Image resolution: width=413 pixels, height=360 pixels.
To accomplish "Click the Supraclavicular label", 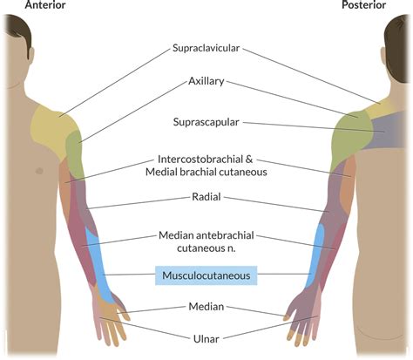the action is tap(206, 48).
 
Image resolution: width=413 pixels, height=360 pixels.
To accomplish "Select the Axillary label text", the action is tap(206, 81).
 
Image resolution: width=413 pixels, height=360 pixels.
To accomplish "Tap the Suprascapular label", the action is tap(206, 122).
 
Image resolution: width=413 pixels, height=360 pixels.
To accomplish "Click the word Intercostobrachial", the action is tap(201, 159).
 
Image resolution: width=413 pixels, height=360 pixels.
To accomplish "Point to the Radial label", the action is tap(206, 197).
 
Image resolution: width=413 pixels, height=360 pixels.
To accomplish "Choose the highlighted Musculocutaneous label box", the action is tap(206, 275).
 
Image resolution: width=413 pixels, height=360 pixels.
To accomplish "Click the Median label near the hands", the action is tap(206, 306).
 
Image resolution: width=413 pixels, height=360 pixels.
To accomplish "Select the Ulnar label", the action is tap(206, 338).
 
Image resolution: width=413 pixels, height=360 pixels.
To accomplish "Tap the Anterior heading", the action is tap(45, 4).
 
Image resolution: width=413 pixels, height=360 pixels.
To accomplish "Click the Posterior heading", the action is tap(363, 4).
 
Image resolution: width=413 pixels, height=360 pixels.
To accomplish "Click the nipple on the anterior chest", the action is tap(39, 171).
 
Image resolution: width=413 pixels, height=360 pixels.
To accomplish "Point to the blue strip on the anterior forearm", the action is tap(98, 264).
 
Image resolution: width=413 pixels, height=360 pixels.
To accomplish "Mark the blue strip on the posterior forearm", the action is tap(316, 255).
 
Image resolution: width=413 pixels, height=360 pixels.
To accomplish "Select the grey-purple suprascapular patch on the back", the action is tap(388, 131).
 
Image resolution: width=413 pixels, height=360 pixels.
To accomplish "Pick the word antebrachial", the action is tap(225, 235).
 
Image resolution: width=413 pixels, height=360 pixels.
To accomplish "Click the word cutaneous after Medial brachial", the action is tap(243, 172).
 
